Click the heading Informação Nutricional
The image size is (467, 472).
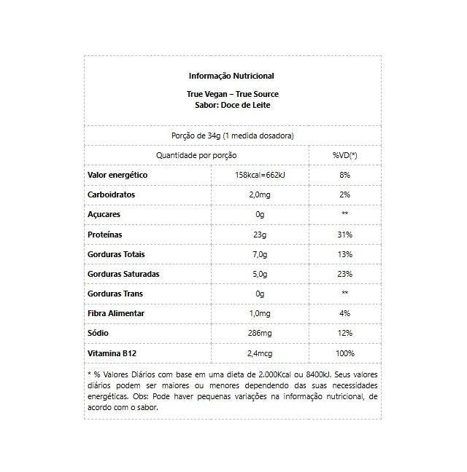pyautogui.click(x=231, y=76)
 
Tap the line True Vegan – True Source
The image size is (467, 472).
pyautogui.click(x=231, y=95)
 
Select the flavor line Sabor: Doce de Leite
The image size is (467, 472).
pyautogui.click(x=231, y=105)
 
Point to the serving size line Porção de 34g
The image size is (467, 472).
pyautogui.click(x=232, y=135)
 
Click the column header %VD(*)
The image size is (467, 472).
pyautogui.click(x=344, y=155)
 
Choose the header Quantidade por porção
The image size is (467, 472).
pyautogui.click(x=196, y=155)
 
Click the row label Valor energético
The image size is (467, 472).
pyautogui.click(x=117, y=176)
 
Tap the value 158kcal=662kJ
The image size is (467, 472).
pyautogui.click(x=259, y=176)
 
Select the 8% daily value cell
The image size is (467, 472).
pyautogui.click(x=344, y=176)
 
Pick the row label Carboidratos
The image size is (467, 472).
pyautogui.click(x=111, y=195)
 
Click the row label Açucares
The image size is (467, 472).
pyautogui.click(x=104, y=215)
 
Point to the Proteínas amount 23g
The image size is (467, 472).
pyautogui.click(x=259, y=235)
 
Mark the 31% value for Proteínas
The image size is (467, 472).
pyautogui.click(x=344, y=235)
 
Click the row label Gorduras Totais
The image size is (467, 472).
pyautogui.click(x=116, y=254)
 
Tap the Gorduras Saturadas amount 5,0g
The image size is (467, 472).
pyautogui.click(x=259, y=274)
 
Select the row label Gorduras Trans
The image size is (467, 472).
pyautogui.click(x=115, y=294)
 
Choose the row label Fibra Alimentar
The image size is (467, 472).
pyautogui.click(x=116, y=313)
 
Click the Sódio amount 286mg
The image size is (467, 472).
pyautogui.click(x=259, y=333)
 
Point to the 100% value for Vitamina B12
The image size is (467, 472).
pyautogui.click(x=344, y=353)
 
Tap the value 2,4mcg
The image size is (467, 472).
pyautogui.click(x=259, y=353)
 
